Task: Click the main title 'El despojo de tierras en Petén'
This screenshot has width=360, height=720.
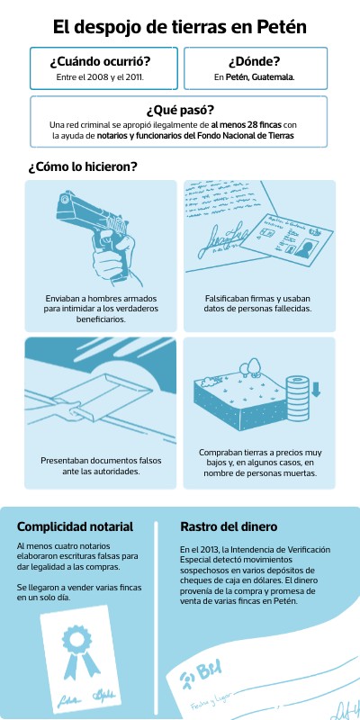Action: (179, 27)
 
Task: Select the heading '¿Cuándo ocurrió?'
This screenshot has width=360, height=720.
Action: (101, 61)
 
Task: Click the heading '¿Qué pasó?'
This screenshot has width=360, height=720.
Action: (180, 111)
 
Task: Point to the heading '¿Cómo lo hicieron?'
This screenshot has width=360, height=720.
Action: (83, 166)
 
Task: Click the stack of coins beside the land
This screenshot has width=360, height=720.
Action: (297, 398)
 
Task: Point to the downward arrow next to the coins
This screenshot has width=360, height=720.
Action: (316, 389)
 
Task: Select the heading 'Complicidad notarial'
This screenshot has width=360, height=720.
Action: (75, 526)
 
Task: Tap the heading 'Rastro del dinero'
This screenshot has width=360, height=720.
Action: (229, 526)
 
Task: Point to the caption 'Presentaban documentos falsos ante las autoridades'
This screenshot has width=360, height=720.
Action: (101, 465)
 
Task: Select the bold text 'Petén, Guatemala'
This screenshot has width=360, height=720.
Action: (260, 77)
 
